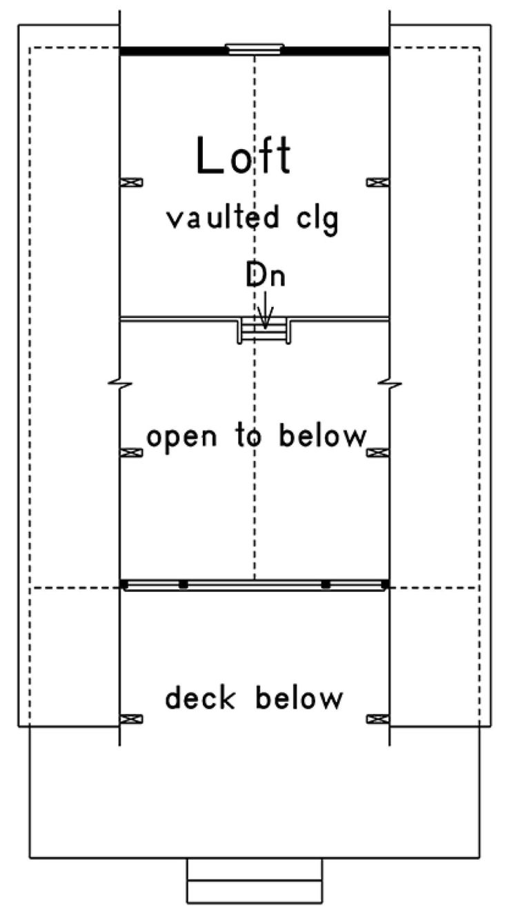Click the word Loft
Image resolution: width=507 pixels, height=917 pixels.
pos(244,155)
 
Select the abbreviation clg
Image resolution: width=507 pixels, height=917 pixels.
pos(317,220)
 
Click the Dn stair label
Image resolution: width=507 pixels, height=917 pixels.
pos(265,275)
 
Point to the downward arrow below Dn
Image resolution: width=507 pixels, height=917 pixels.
pos(265,310)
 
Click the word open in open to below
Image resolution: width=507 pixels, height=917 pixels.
pos(181,438)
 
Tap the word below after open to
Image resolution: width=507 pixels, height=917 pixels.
pos(322,435)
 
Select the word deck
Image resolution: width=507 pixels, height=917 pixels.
pos(200,698)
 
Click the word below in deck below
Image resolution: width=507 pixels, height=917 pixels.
pos(299,698)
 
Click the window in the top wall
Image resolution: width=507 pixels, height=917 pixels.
pos(255,49)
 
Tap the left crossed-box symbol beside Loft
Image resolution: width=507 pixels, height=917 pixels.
pos(131,182)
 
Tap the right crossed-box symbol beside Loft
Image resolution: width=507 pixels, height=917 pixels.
pos(377,182)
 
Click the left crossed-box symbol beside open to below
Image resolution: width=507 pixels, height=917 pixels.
pos(131,453)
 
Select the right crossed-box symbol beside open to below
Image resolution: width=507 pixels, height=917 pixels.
pos(377,453)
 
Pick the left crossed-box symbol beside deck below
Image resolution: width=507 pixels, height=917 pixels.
pos(131,719)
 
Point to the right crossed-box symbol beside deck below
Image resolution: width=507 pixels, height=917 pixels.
pos(377,719)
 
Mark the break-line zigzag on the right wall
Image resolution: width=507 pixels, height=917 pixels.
pos(390,384)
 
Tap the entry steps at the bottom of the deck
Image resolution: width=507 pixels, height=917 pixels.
pos(255,880)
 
